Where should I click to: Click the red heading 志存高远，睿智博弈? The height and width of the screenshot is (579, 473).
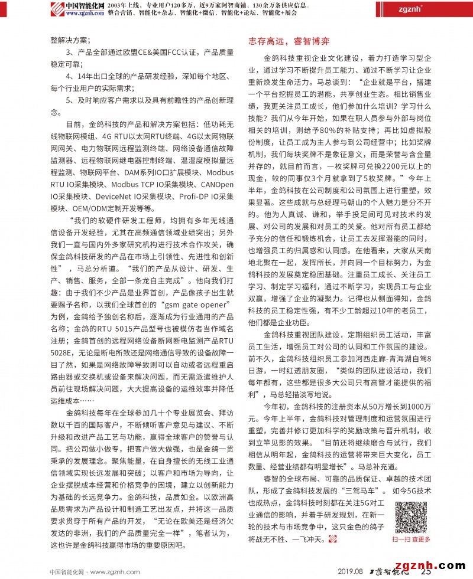click(x=288, y=41)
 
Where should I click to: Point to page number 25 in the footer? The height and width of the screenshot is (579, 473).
click(x=425, y=571)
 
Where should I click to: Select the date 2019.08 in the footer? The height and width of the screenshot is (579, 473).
click(x=350, y=571)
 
